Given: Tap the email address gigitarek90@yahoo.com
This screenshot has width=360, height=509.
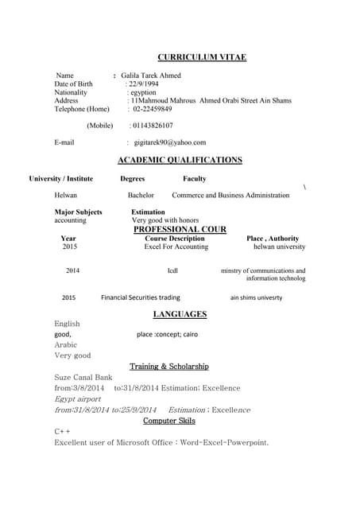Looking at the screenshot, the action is pos(169,142).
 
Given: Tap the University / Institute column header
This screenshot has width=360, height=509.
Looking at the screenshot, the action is pos(60,179).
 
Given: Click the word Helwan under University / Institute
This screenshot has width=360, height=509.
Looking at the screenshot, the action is pos(66,195).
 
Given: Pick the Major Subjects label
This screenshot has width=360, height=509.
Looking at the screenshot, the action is pos(78,212).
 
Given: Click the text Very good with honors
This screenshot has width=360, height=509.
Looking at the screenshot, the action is pos(165,220).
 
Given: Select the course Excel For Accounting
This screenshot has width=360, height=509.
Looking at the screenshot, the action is pos(176,247).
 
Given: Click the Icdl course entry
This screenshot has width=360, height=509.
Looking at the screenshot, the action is pos(172,271).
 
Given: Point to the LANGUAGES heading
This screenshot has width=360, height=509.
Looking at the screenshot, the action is pos(180,314).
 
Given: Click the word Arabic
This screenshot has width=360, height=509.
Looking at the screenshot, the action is pos(66,345).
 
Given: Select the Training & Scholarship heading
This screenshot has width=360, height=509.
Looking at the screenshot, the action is pos(169,367).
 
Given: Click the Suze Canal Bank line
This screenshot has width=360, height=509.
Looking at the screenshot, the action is pos(83,377).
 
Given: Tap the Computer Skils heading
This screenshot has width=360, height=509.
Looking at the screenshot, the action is pos(169,421).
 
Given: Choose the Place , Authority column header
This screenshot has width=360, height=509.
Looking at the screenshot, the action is pos(273,238).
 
